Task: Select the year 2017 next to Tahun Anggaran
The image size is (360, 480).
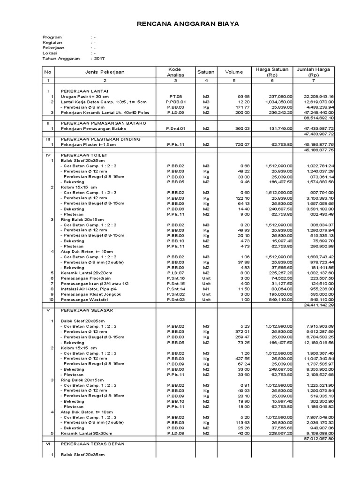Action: point(99,59)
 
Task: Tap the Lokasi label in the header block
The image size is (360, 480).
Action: point(49,53)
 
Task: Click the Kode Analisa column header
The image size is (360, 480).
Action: point(174,72)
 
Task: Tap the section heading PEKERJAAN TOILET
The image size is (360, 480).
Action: point(84,155)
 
